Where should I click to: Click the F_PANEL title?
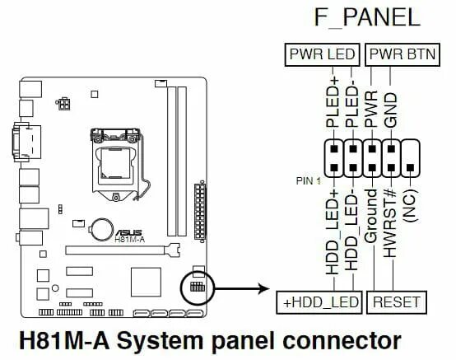(366, 19)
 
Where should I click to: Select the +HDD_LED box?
(320, 303)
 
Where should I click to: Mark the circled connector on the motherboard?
(197, 288)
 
